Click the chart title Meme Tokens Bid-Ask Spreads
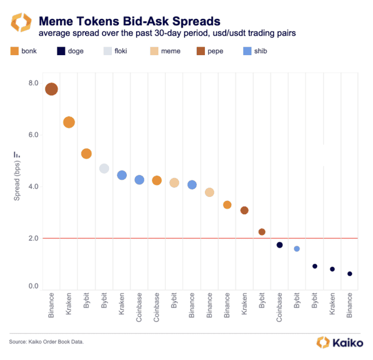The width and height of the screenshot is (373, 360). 129,21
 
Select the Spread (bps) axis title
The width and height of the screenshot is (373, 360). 17,180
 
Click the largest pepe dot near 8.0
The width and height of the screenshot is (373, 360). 51,89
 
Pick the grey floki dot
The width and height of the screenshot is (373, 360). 104,168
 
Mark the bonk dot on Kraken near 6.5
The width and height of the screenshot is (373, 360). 69,122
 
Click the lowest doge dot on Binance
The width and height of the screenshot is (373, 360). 349,274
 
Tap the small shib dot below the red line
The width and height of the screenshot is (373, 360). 297,249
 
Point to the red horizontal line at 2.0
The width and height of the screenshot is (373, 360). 201,238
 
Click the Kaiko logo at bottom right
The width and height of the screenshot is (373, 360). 340,343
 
